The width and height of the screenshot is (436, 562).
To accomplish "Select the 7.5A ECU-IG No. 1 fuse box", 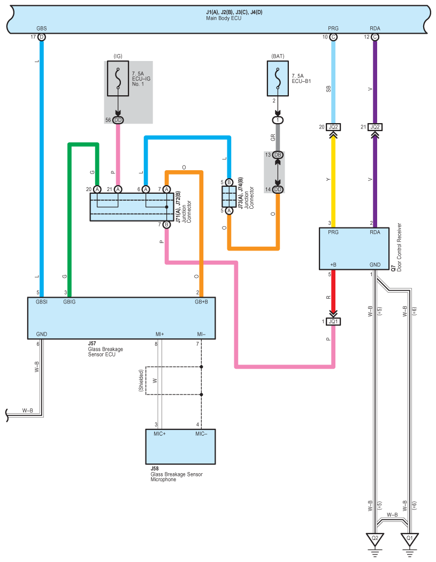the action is tap(118, 79).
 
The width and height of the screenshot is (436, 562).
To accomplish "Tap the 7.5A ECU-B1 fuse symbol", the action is tap(278, 79).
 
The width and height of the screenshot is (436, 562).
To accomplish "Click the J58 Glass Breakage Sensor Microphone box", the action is tap(181, 446).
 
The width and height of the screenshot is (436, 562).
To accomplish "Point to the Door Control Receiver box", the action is tap(354, 248).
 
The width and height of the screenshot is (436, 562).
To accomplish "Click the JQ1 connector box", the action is tap(333, 322).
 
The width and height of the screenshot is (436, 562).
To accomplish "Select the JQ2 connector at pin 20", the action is tap(333, 127).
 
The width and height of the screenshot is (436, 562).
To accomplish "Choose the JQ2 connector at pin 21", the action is tap(374, 127).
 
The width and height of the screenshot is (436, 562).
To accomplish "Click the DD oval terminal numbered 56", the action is tap(118, 120).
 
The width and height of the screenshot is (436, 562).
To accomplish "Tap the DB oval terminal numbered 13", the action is tap(278, 155).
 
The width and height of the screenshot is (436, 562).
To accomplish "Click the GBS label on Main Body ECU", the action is tap(42, 28).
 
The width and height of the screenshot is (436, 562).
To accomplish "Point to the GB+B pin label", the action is tap(201, 302).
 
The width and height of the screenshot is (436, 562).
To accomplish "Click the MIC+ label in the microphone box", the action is tap(160, 434).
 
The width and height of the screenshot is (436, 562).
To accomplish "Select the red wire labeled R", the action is tap(333, 292).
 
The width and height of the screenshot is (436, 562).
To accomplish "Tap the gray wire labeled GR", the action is tap(278, 138).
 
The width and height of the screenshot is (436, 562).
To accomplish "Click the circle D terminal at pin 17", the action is tap(42, 37).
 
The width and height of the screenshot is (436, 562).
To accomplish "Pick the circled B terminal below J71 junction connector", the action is tap(166, 225).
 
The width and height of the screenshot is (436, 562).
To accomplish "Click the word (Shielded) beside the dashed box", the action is tap(141, 380).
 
